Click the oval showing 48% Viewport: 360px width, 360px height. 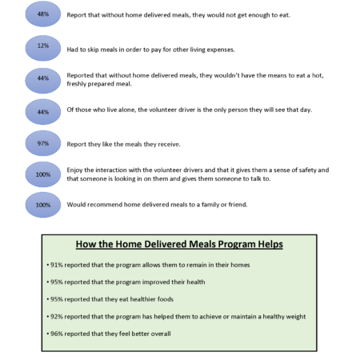43,14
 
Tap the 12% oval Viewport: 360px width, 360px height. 43,48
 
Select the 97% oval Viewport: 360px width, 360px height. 43,143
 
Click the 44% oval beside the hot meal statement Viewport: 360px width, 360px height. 43,81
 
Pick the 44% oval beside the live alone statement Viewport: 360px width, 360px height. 43,112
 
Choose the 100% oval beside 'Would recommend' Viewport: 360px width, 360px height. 43,205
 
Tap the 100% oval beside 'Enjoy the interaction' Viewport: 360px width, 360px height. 43,174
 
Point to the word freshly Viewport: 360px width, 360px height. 76,84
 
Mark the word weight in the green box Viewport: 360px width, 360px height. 296,317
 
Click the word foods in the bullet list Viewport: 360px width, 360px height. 166,299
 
